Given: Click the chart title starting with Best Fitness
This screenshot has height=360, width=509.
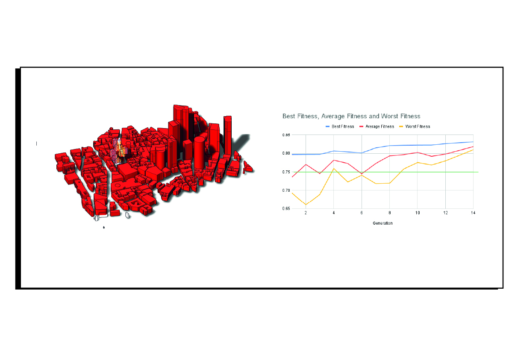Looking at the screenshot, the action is click(351, 116).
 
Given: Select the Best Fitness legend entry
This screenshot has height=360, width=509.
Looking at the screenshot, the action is click(340, 126).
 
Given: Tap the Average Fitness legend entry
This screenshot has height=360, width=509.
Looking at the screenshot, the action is click(377, 126).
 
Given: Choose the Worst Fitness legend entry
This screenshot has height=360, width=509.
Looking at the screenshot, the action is click(415, 126).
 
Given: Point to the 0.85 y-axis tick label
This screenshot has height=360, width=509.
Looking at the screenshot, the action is click(286, 135).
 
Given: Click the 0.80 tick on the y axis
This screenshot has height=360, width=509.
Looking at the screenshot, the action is click(286, 153).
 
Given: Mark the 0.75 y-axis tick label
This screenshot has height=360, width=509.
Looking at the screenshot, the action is click(286, 172).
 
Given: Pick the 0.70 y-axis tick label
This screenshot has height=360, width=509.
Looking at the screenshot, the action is click(286, 190).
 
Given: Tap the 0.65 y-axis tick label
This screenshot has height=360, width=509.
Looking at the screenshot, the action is click(286, 208).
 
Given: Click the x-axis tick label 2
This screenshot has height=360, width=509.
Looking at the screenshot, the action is click(306, 213).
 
